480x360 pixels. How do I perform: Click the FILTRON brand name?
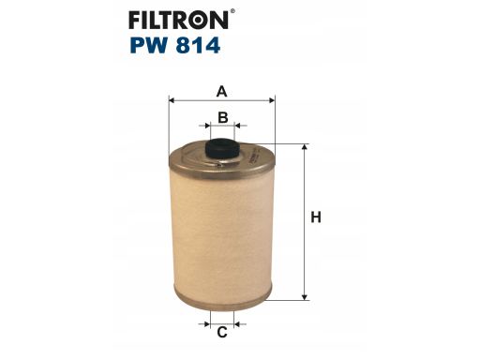click(x=178, y=20)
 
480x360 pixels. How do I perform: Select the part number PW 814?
click(x=175, y=46)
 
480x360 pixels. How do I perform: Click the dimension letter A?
click(x=221, y=92)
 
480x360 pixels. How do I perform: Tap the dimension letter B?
click(x=222, y=118)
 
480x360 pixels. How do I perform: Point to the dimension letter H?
click(x=316, y=217)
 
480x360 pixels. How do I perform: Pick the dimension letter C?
click(x=222, y=332)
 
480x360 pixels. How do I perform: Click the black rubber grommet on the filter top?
click(x=222, y=149)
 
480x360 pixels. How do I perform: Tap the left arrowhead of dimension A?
click(x=171, y=100)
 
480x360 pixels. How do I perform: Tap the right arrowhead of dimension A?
click(x=272, y=100)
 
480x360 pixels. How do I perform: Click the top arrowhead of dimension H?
click(x=305, y=147)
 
